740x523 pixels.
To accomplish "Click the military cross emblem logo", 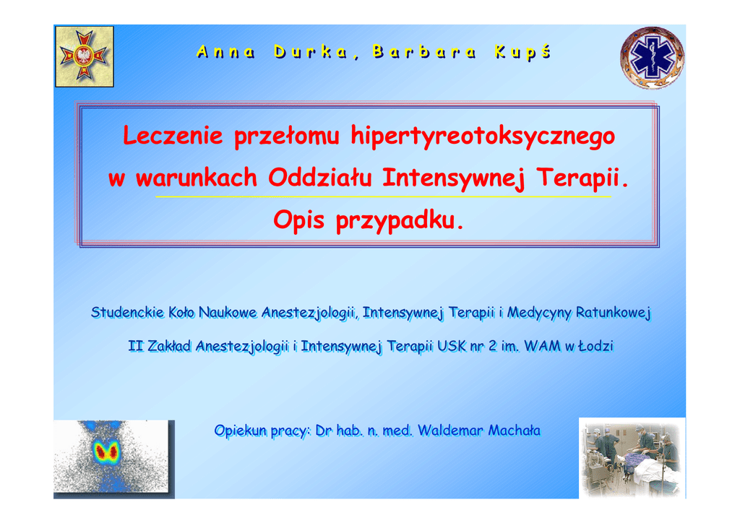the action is [x=85, y=56].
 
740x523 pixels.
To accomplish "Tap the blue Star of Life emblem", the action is [x=653, y=58].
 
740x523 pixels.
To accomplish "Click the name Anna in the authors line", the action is [x=225, y=52].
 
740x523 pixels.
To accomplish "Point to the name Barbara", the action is [x=424, y=52].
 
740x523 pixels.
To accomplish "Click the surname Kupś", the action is [x=523, y=52].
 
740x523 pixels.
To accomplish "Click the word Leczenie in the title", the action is [x=173, y=136].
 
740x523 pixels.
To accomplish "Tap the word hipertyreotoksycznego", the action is [x=483, y=137].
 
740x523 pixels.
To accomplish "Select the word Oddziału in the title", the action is [x=320, y=178].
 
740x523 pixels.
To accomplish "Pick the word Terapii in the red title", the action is [x=578, y=178].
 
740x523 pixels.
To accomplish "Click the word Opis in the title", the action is [x=298, y=220].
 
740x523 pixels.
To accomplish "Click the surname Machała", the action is [x=515, y=431].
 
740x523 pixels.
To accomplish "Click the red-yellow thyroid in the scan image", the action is [x=106, y=451].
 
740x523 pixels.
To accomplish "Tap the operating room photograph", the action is [x=632, y=458].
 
